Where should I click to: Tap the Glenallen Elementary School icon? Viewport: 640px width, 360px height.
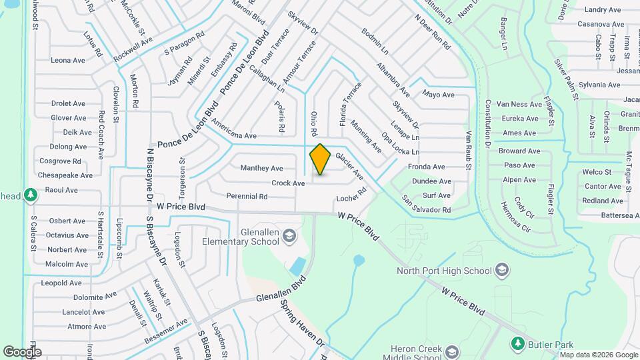click(289, 235)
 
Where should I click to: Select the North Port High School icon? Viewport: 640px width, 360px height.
click(502, 270)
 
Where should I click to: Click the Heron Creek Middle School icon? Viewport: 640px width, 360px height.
click(452, 351)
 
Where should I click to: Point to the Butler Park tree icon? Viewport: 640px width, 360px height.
click(517, 343)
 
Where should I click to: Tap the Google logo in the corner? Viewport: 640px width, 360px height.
click(22, 351)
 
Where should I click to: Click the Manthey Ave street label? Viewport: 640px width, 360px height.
click(261, 168)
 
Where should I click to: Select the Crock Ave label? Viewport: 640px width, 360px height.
click(288, 183)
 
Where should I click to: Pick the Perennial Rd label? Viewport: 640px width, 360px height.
click(247, 197)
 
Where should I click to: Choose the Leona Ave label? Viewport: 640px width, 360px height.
click(68, 60)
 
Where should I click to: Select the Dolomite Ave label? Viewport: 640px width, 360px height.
click(95, 297)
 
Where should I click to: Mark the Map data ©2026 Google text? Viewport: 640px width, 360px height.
click(598, 354)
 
